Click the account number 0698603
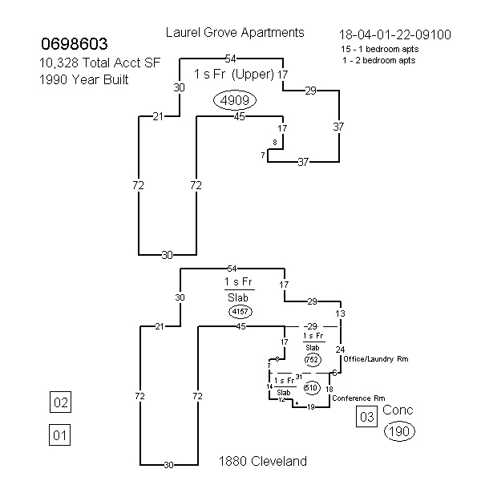click(x=75, y=43)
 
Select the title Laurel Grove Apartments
click(x=235, y=33)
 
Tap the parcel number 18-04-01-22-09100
click(x=395, y=34)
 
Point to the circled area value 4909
click(x=235, y=100)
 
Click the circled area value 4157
click(x=240, y=312)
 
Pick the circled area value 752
click(x=313, y=359)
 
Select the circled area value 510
click(x=312, y=388)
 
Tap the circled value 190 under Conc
click(x=399, y=431)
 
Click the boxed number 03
click(x=367, y=417)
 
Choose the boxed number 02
click(x=60, y=402)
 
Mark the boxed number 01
click(x=60, y=435)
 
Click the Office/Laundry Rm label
click(x=376, y=359)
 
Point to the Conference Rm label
click(x=358, y=398)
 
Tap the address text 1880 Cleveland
click(x=263, y=461)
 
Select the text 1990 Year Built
click(x=83, y=79)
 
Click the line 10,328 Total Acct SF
click(x=99, y=63)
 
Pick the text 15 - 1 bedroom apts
click(x=380, y=49)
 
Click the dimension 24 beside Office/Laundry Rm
click(x=340, y=350)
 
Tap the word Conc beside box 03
click(x=398, y=410)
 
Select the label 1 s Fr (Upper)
click(x=234, y=75)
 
